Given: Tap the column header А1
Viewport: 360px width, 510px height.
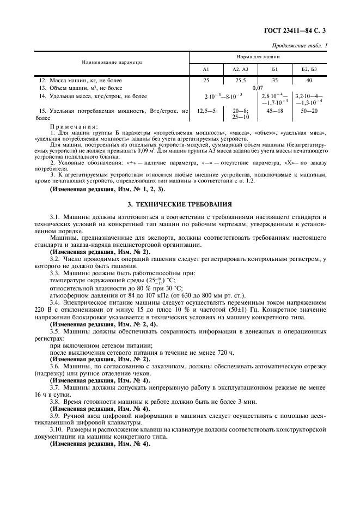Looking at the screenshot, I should (x=206, y=70).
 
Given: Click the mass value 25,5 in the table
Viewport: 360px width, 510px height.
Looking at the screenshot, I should (x=240, y=80).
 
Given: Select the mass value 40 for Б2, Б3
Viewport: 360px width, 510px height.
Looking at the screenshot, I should (x=309, y=80).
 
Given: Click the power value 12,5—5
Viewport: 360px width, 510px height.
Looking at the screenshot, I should (x=206, y=111).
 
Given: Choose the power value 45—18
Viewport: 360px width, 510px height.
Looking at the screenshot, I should (x=274, y=111).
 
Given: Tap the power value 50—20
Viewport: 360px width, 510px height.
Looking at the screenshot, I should (x=309, y=111).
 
